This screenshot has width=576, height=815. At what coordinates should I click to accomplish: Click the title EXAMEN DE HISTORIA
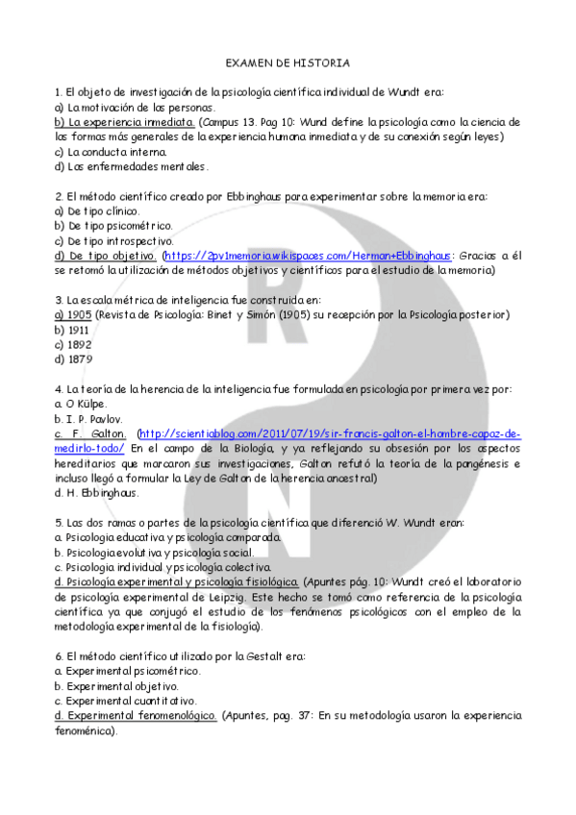tap(288, 63)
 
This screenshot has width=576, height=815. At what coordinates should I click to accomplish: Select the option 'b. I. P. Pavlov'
tap(88, 419)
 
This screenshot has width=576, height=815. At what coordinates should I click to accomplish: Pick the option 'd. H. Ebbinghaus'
tap(97, 493)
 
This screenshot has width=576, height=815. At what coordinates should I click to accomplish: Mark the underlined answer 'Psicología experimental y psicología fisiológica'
tap(177, 582)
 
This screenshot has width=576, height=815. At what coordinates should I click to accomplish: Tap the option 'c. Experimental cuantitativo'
tap(127, 702)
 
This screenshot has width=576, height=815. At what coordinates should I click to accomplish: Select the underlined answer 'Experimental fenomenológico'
tap(136, 716)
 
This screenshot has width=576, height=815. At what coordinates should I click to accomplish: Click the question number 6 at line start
tap(59, 656)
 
